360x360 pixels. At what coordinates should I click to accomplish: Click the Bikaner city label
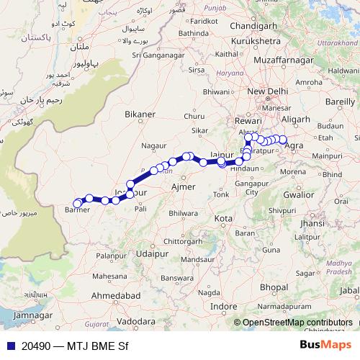tap(139, 114)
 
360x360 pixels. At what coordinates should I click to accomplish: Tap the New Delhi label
tap(268, 92)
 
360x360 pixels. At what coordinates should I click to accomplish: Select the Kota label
tap(224, 217)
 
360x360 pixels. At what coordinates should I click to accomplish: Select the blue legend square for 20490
tap(6, 346)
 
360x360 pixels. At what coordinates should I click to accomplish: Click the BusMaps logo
tap(325, 345)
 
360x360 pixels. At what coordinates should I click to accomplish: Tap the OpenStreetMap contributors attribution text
tap(297, 323)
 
